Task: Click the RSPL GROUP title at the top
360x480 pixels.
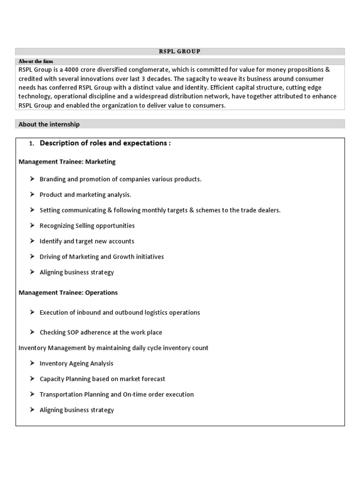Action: click(x=180, y=52)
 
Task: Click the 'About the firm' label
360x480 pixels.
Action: click(x=36, y=61)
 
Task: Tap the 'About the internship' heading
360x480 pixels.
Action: click(x=49, y=124)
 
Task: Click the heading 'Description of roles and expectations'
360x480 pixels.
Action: click(x=105, y=143)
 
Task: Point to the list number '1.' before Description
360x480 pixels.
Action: click(x=32, y=143)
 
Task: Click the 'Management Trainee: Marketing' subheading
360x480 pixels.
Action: click(x=67, y=162)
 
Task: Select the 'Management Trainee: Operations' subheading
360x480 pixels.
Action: click(x=68, y=292)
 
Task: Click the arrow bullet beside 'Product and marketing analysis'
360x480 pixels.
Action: click(x=31, y=195)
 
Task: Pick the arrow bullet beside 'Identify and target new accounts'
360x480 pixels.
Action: click(x=31, y=241)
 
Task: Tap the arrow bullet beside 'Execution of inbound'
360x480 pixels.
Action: click(x=31, y=312)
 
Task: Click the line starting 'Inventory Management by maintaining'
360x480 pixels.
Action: click(x=113, y=348)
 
